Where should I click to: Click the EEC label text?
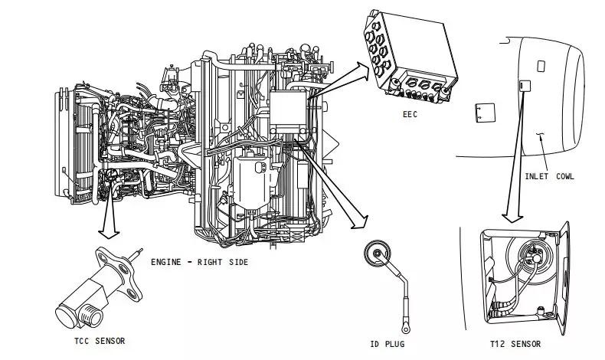pyautogui.click(x=410, y=114)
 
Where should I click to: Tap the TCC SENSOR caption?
pyautogui.click(x=100, y=341)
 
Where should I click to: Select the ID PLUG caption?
pyautogui.click(x=388, y=344)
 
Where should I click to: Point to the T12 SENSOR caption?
pyautogui.click(x=515, y=344)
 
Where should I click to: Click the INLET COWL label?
pyautogui.click(x=549, y=176)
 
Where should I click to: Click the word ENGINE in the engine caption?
pyautogui.click(x=166, y=262)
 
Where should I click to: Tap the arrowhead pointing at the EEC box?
pyautogui.click(x=363, y=71)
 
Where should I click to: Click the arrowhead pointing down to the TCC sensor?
pyautogui.click(x=109, y=234)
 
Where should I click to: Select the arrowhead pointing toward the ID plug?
pyautogui.click(x=361, y=223)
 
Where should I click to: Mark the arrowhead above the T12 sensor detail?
pyautogui.click(x=512, y=218)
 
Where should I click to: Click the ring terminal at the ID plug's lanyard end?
pyautogui.click(x=406, y=328)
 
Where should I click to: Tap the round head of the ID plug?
pyautogui.click(x=377, y=254)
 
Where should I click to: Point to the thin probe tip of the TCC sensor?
pyautogui.click(x=136, y=254)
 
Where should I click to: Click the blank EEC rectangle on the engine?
pyautogui.click(x=288, y=108)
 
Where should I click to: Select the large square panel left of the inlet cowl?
pyautogui.click(x=485, y=113)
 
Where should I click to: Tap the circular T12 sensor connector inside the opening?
pyautogui.click(x=533, y=255)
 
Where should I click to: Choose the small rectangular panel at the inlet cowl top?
pyautogui.click(x=541, y=66)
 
